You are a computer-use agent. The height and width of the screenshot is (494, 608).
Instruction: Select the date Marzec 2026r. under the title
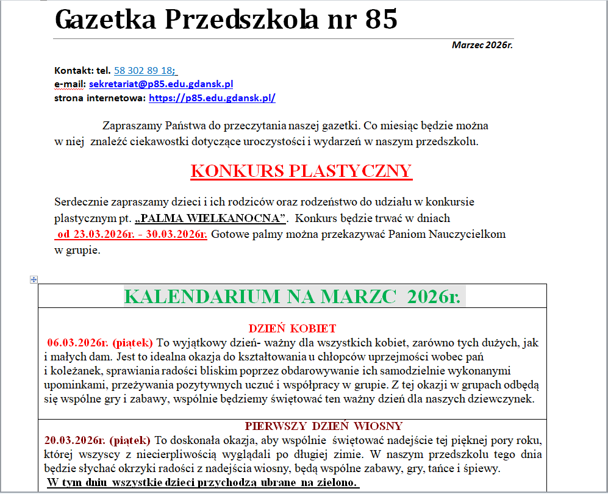(482, 45)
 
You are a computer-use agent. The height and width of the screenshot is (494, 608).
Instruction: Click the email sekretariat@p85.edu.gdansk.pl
(161, 84)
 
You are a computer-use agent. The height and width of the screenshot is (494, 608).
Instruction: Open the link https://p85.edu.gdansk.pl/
(212, 98)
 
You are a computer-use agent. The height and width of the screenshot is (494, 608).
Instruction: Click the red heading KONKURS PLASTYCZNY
(301, 171)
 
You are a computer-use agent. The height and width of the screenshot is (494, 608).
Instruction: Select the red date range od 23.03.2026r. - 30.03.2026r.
(132, 234)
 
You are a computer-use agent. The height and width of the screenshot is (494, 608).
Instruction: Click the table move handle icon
(34, 279)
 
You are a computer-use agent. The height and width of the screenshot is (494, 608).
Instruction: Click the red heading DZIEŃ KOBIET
(292, 329)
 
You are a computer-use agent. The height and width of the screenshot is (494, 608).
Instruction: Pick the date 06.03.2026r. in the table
(77, 343)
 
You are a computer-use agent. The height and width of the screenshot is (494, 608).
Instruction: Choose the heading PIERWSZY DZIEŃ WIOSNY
(324, 426)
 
